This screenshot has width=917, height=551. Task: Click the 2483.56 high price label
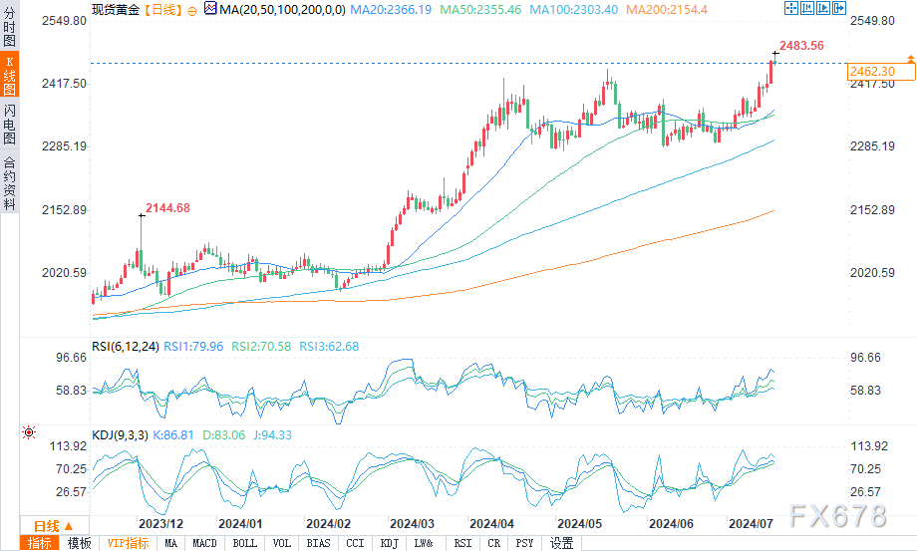point(803,45)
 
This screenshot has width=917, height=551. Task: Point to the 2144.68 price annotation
point(167,208)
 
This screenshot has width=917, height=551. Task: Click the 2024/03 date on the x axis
point(413,524)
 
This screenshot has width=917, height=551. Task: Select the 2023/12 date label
point(160,524)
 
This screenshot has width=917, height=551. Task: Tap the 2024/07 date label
point(753,524)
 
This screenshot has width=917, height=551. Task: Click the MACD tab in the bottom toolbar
point(204,543)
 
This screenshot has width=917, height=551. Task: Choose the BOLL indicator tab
point(243,543)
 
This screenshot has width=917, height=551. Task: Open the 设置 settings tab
point(561,543)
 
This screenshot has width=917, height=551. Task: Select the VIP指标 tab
point(128,543)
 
